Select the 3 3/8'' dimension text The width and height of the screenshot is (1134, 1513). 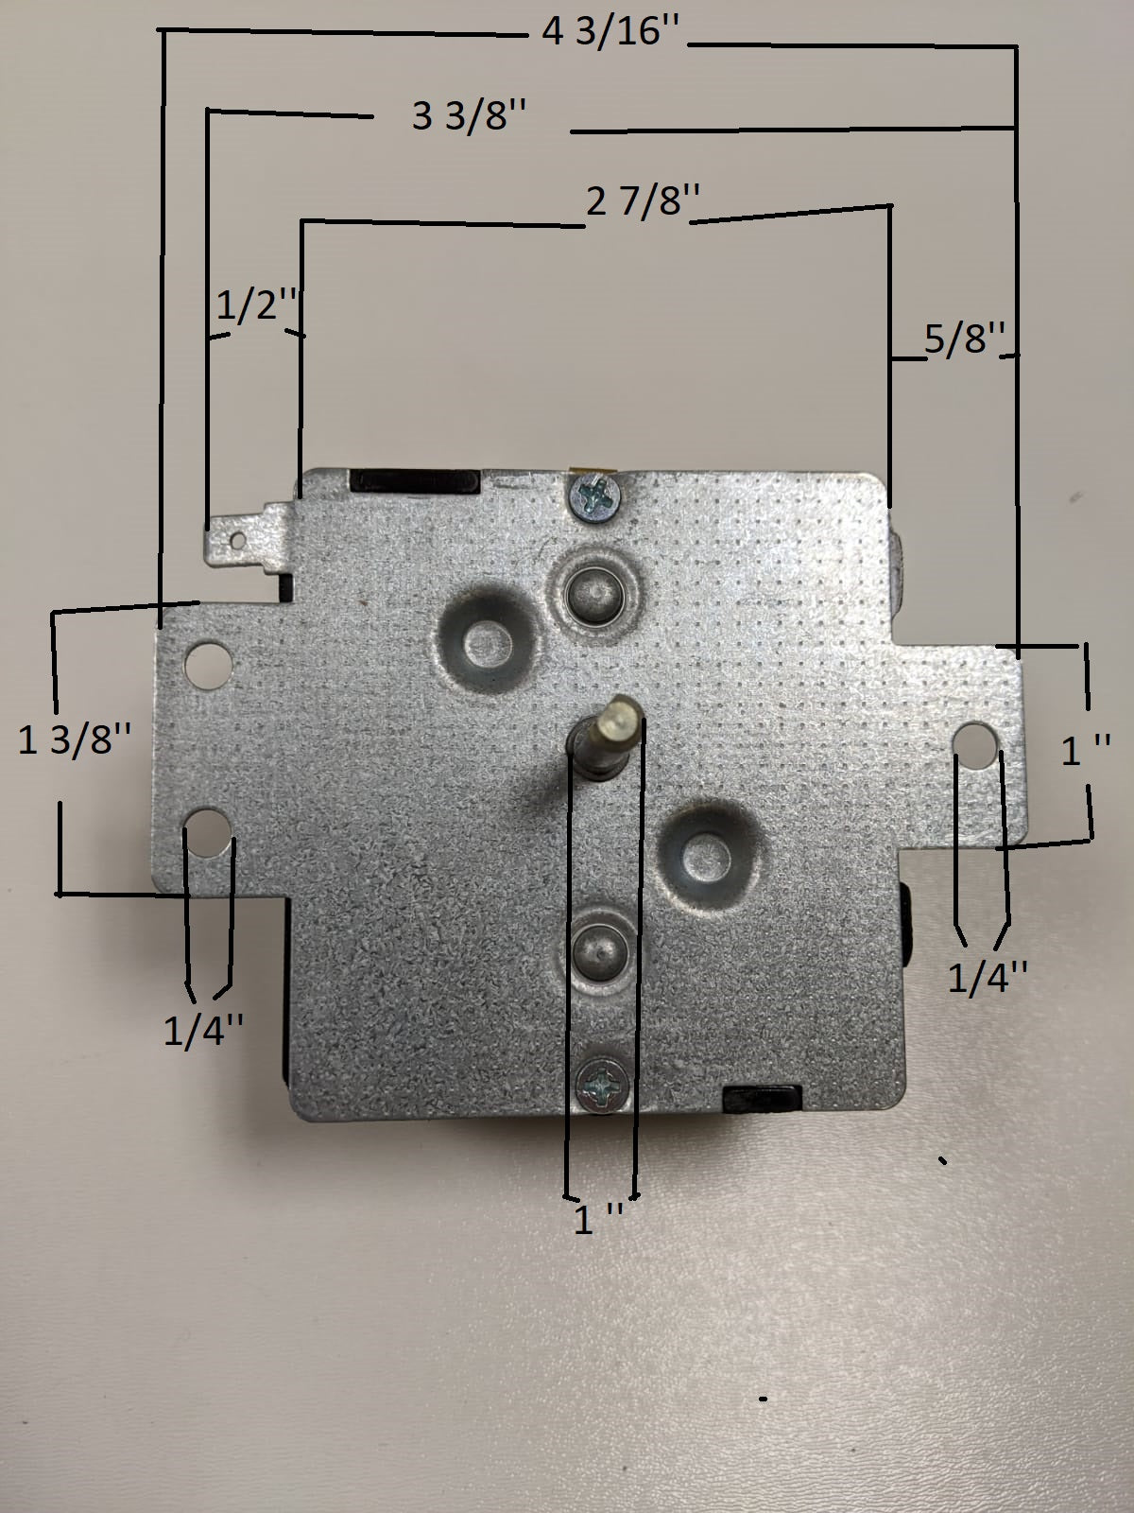point(469,115)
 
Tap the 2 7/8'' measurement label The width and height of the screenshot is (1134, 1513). point(644,202)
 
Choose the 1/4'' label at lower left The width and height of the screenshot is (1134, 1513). point(203,1031)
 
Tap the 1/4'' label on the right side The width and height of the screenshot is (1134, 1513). point(988,978)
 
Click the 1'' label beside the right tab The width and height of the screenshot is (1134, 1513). point(1085,751)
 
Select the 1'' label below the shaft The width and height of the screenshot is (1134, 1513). point(598,1218)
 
